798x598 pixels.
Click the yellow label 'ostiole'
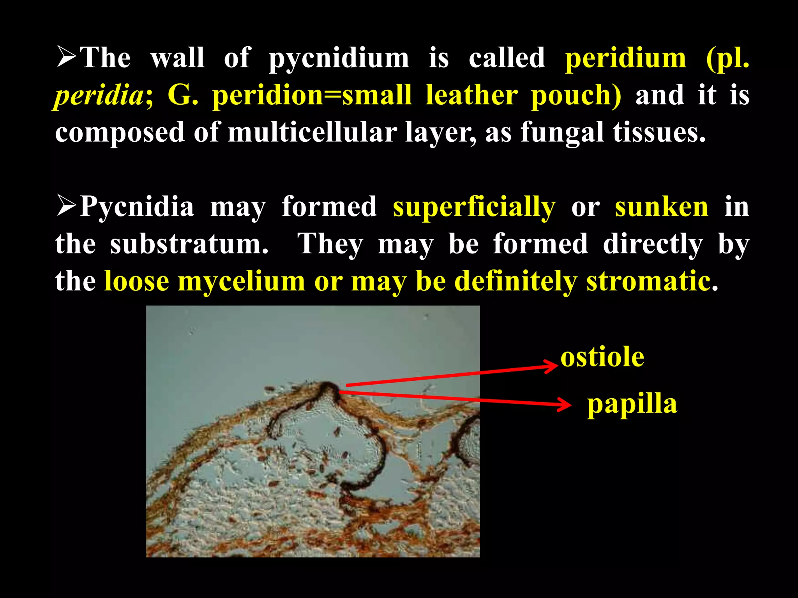click(x=602, y=357)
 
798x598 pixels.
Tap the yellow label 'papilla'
click(x=632, y=404)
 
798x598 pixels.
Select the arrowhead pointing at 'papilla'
click(x=565, y=405)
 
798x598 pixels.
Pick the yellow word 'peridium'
click(x=625, y=58)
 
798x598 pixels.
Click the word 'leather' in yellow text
click(x=471, y=95)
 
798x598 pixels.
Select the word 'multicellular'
click(x=312, y=132)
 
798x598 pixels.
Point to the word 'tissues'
click(x=659, y=132)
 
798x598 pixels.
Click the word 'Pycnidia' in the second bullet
click(x=136, y=206)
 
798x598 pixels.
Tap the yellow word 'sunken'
click(x=661, y=207)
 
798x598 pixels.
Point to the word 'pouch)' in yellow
click(x=576, y=96)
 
